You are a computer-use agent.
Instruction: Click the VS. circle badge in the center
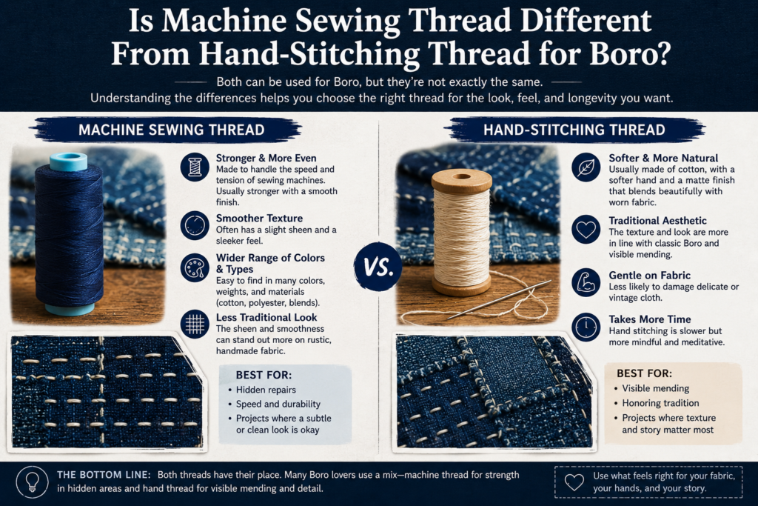tap(378, 266)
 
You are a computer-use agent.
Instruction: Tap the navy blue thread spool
tap(69, 234)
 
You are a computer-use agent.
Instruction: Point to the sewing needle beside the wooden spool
tap(500, 299)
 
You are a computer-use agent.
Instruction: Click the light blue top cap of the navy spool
tap(69, 162)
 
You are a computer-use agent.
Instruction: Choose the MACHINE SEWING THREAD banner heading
tap(171, 130)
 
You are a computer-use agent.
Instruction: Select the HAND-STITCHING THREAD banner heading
tap(574, 130)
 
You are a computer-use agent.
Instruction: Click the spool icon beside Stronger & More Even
tap(195, 167)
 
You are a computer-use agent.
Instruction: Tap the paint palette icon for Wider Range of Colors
tap(195, 267)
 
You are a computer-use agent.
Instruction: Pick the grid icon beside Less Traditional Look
tap(195, 324)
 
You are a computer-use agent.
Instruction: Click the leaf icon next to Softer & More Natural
tap(586, 167)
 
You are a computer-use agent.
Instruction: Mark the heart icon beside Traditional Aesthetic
tap(586, 230)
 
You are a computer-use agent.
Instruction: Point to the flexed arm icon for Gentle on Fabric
tap(586, 282)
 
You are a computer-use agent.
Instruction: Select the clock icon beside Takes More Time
tap(586, 327)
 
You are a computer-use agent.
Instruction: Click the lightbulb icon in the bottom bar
tap(33, 482)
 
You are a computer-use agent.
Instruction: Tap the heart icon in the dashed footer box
tap(574, 482)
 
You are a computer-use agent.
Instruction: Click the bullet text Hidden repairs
tap(266, 390)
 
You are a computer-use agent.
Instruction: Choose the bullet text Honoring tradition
tap(660, 403)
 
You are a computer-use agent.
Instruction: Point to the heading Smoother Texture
tap(259, 218)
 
